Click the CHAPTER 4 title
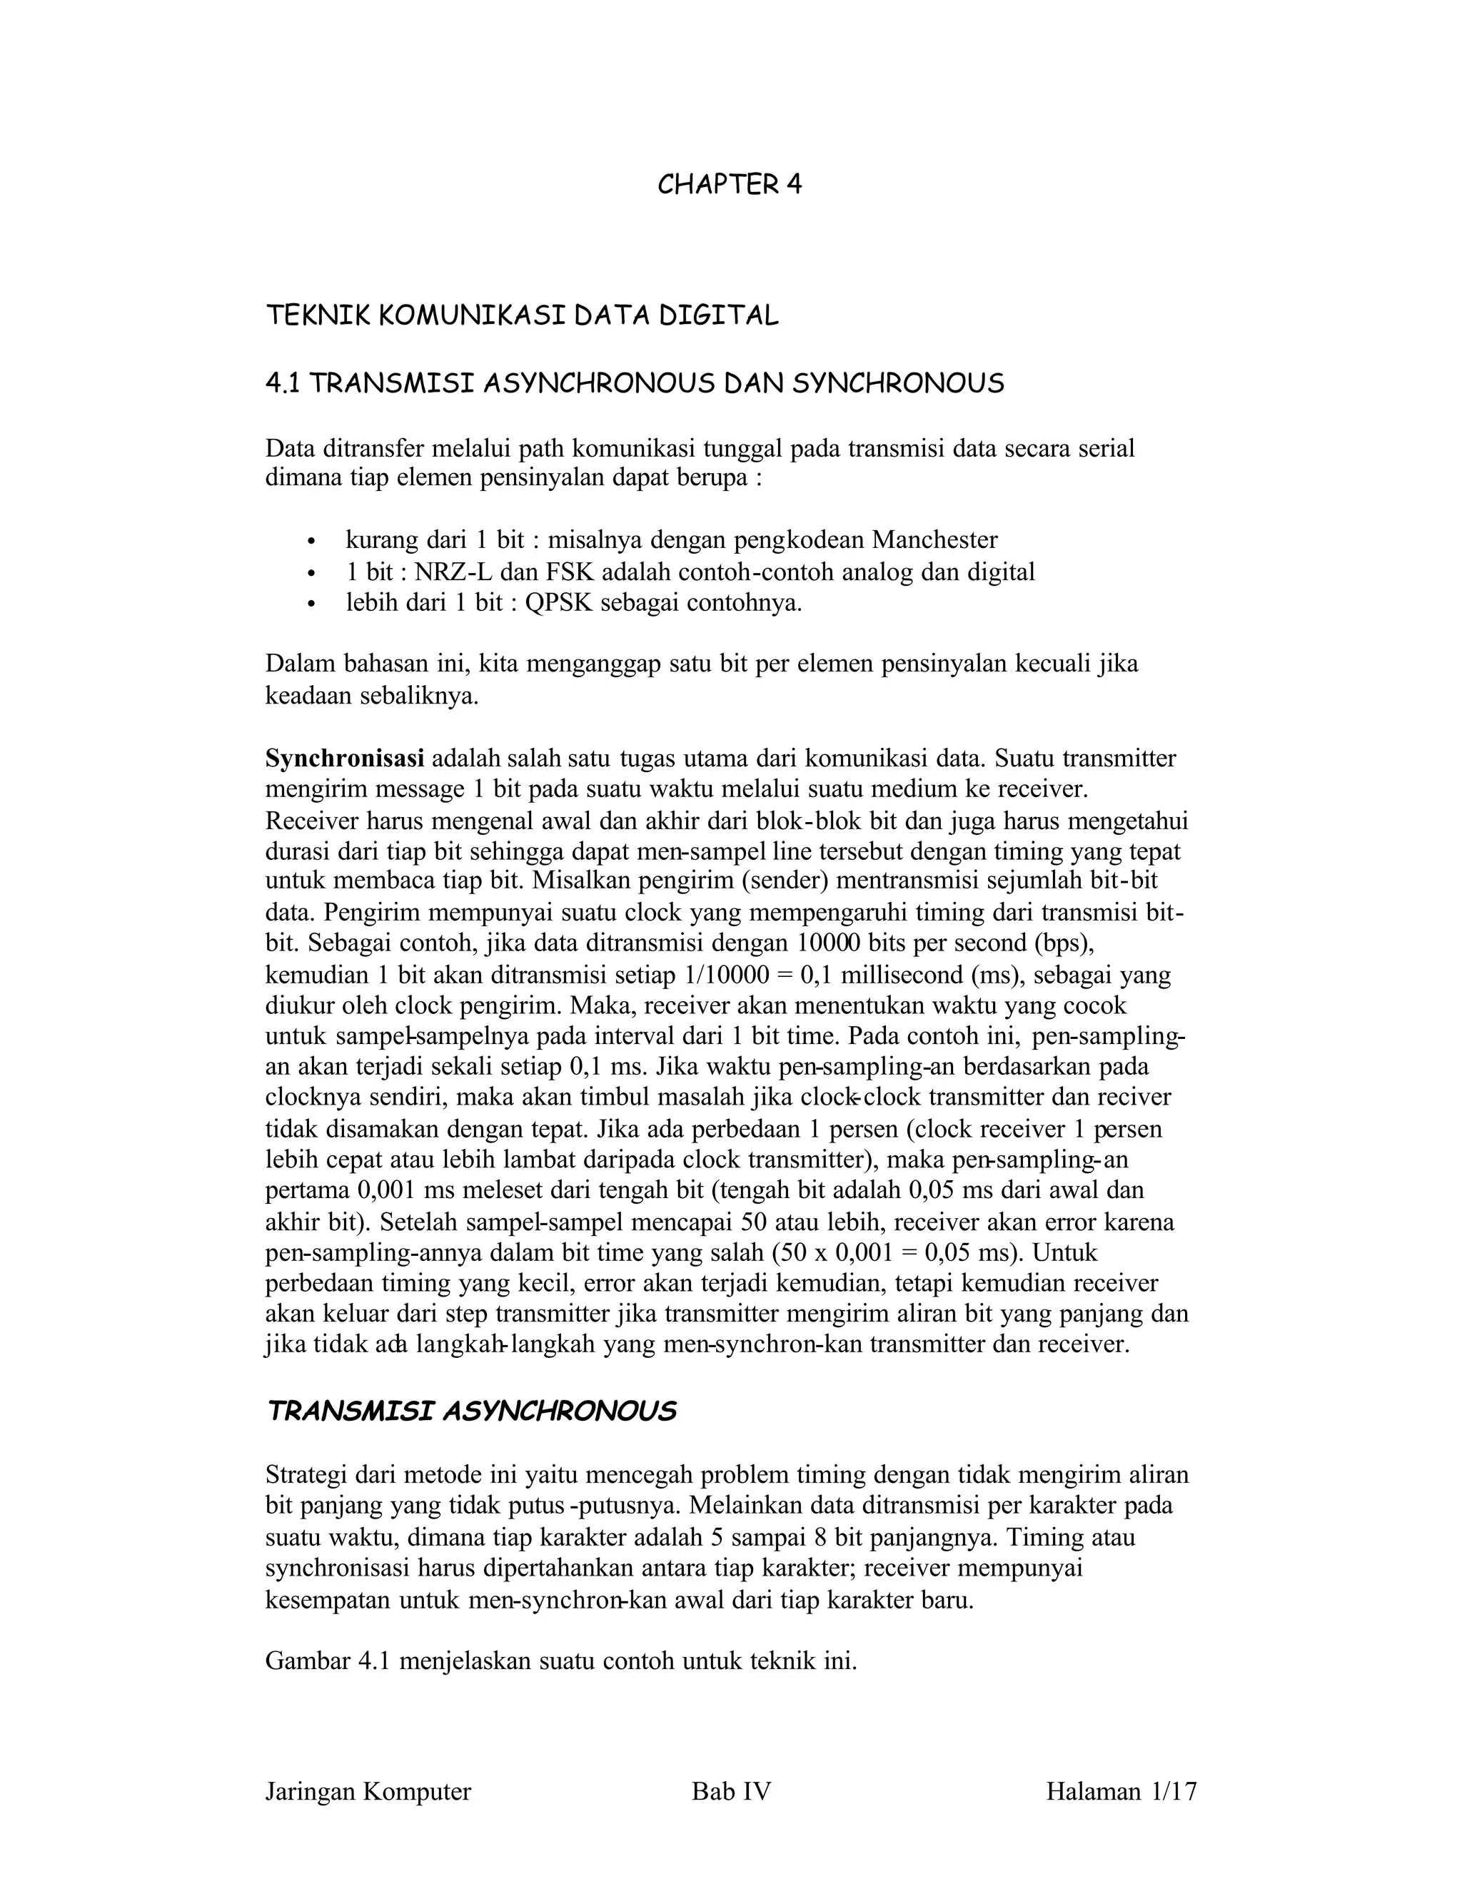click(x=730, y=186)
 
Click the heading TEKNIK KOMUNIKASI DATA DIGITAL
click(x=523, y=316)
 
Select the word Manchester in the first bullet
click(x=934, y=540)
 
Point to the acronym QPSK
click(x=559, y=603)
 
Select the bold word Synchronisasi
click(x=345, y=759)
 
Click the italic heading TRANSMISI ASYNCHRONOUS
click(x=471, y=1412)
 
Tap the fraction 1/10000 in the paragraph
click(x=726, y=975)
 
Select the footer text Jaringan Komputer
click(x=368, y=1791)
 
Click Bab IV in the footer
click(x=731, y=1791)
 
